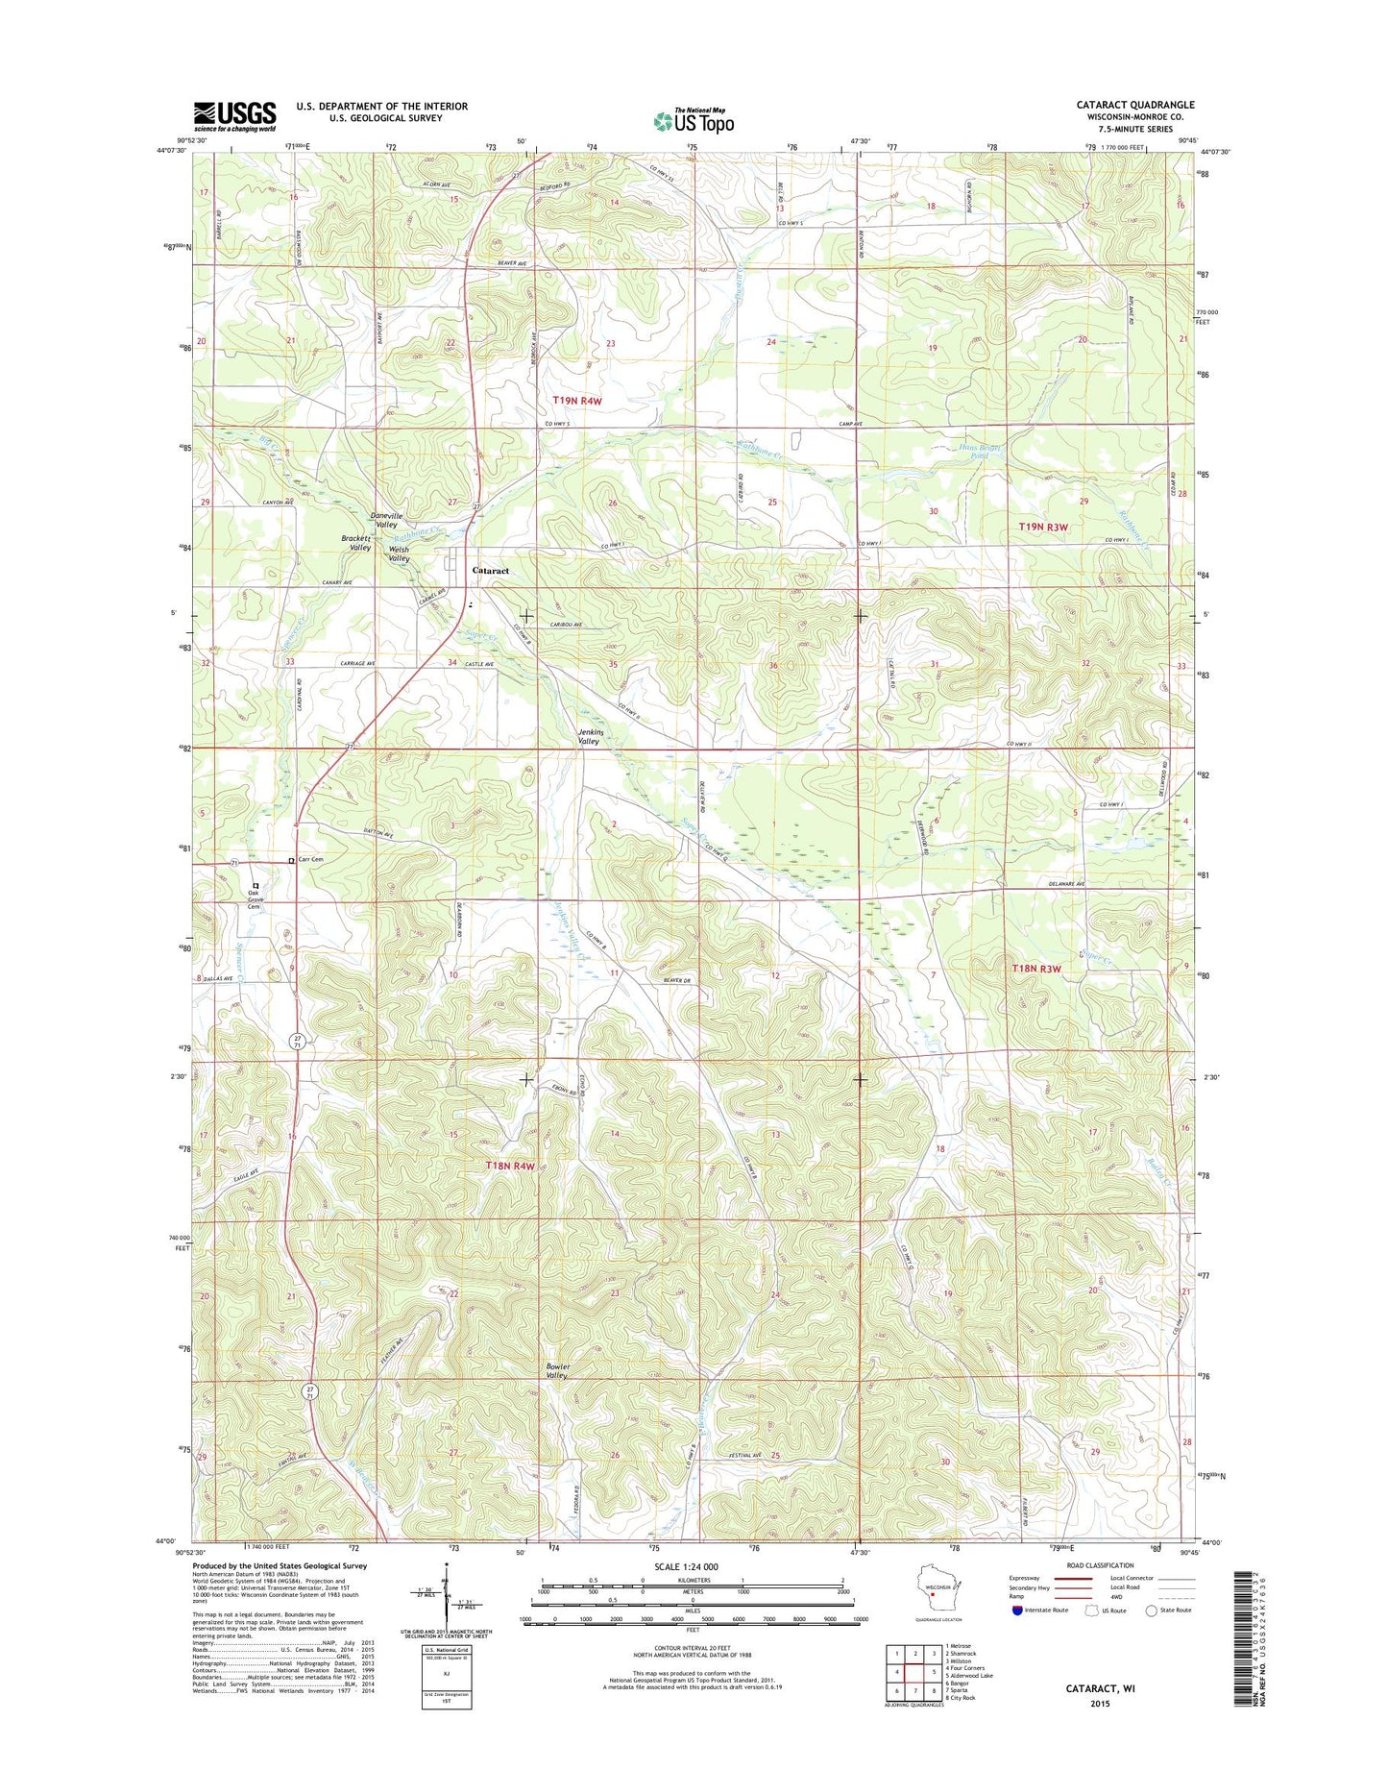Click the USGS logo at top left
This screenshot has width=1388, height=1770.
pos(234,116)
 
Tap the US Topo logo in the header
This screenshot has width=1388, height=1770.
pos(694,120)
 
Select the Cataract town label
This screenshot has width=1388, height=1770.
pos(490,571)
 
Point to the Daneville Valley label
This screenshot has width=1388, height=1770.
pos(387,520)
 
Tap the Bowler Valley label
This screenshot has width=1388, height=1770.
pos(557,1370)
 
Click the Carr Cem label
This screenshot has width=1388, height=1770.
pos(311,860)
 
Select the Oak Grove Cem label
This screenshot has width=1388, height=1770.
pos(254,899)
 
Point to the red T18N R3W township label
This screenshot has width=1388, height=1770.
pos(1035,970)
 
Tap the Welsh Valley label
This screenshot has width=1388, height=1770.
pos(399,554)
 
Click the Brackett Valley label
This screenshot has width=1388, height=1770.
pos(356,543)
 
